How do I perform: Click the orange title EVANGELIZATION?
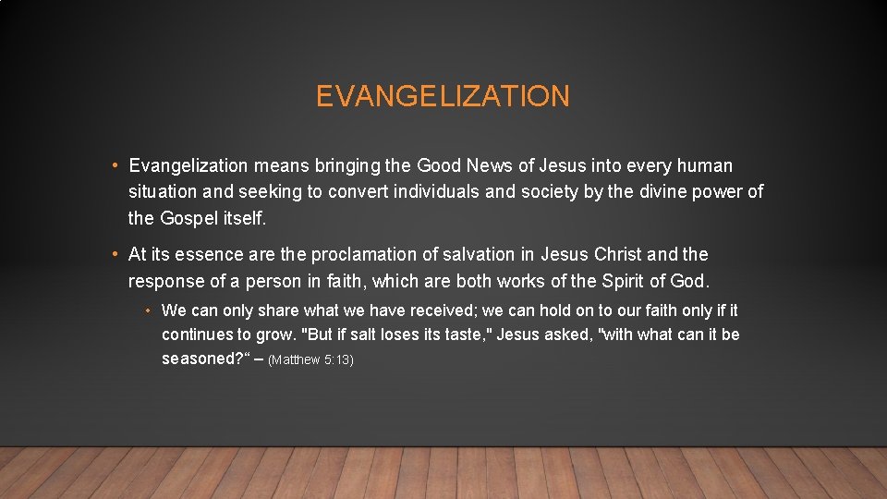click(443, 96)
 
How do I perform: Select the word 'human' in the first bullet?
click(705, 166)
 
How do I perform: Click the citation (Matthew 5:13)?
click(310, 359)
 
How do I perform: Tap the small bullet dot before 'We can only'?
click(149, 311)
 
